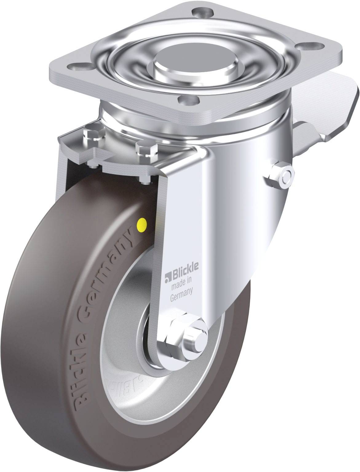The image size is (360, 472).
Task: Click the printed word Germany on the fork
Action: click(x=181, y=291)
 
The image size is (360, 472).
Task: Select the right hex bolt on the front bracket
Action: click(x=146, y=150)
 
